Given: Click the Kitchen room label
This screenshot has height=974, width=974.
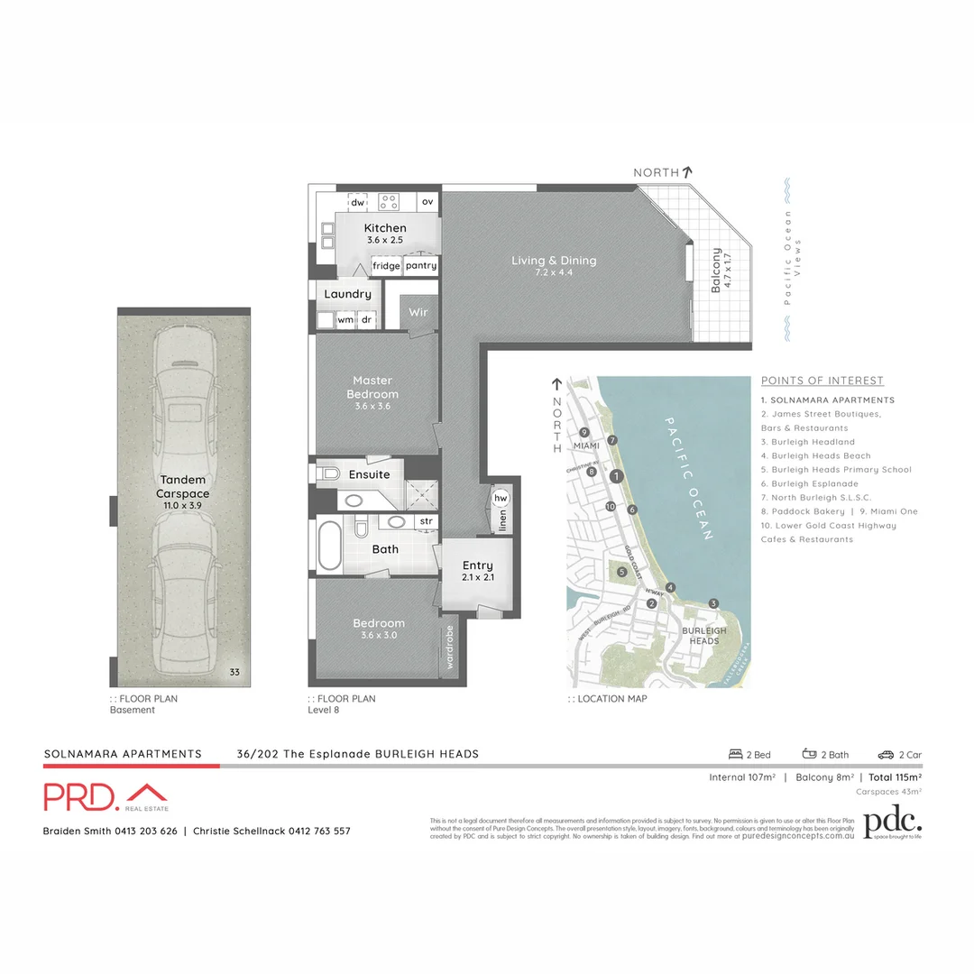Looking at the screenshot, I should coord(385,228).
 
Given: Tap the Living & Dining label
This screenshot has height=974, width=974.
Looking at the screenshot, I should coord(554,261).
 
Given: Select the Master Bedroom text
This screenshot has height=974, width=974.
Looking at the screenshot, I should coord(372,387).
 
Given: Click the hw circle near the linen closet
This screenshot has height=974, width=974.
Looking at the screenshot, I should coord(501,499).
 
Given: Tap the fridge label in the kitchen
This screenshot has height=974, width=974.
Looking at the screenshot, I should coord(386,266).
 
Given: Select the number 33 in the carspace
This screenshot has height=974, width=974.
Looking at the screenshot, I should coord(234,672).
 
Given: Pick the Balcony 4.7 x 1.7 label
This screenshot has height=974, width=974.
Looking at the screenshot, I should coord(721,270).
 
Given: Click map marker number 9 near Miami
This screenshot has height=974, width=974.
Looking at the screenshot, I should coord(584,432).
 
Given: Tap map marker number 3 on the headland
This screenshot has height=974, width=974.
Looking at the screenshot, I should coord(713,603).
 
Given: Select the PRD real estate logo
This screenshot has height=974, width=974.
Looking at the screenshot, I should coord(106,796).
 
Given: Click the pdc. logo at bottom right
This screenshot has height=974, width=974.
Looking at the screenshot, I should coord(893,823).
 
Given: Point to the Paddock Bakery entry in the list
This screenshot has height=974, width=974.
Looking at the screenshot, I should coord(803,511).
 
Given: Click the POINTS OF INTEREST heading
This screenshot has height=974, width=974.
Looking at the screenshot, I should coord(822,381).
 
